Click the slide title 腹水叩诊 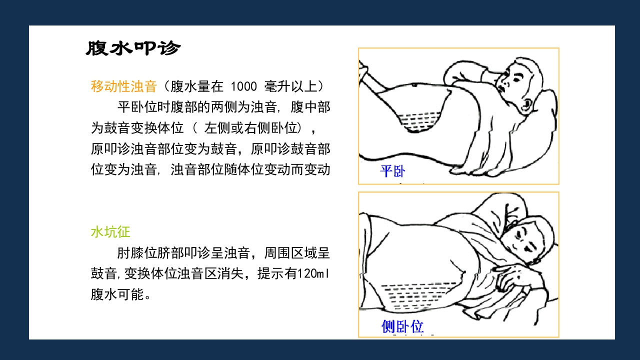click(x=133, y=48)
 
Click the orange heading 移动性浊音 click(x=123, y=86)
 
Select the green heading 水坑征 click(x=110, y=232)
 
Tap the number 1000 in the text click(x=243, y=86)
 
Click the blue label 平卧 click(x=392, y=171)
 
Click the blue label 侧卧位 click(x=402, y=326)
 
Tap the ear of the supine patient click(x=526, y=104)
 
